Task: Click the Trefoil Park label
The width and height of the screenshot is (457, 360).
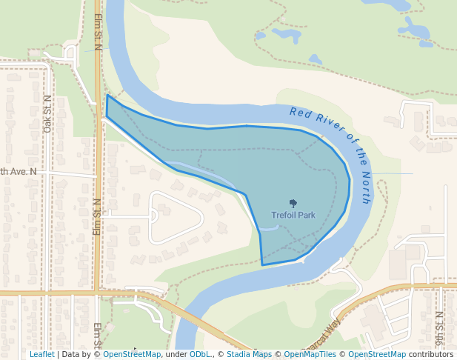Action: click(x=293, y=216)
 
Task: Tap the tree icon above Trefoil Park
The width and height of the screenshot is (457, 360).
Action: click(x=293, y=203)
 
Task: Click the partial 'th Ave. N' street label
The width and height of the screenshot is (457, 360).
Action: click(x=18, y=172)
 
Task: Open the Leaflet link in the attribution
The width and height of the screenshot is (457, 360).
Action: click(x=41, y=355)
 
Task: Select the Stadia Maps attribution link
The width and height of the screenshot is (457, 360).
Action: click(x=249, y=355)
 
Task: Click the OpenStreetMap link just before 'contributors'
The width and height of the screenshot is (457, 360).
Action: click(x=376, y=355)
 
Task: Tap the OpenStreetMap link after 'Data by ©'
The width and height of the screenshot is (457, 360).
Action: click(x=131, y=355)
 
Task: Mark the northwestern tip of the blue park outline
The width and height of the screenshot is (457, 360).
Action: click(x=107, y=96)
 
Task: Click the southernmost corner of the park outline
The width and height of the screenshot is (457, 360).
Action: click(x=262, y=264)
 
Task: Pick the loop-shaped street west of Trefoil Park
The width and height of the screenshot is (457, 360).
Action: click(x=176, y=217)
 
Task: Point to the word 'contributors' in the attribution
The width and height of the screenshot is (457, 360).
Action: click(x=430, y=355)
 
